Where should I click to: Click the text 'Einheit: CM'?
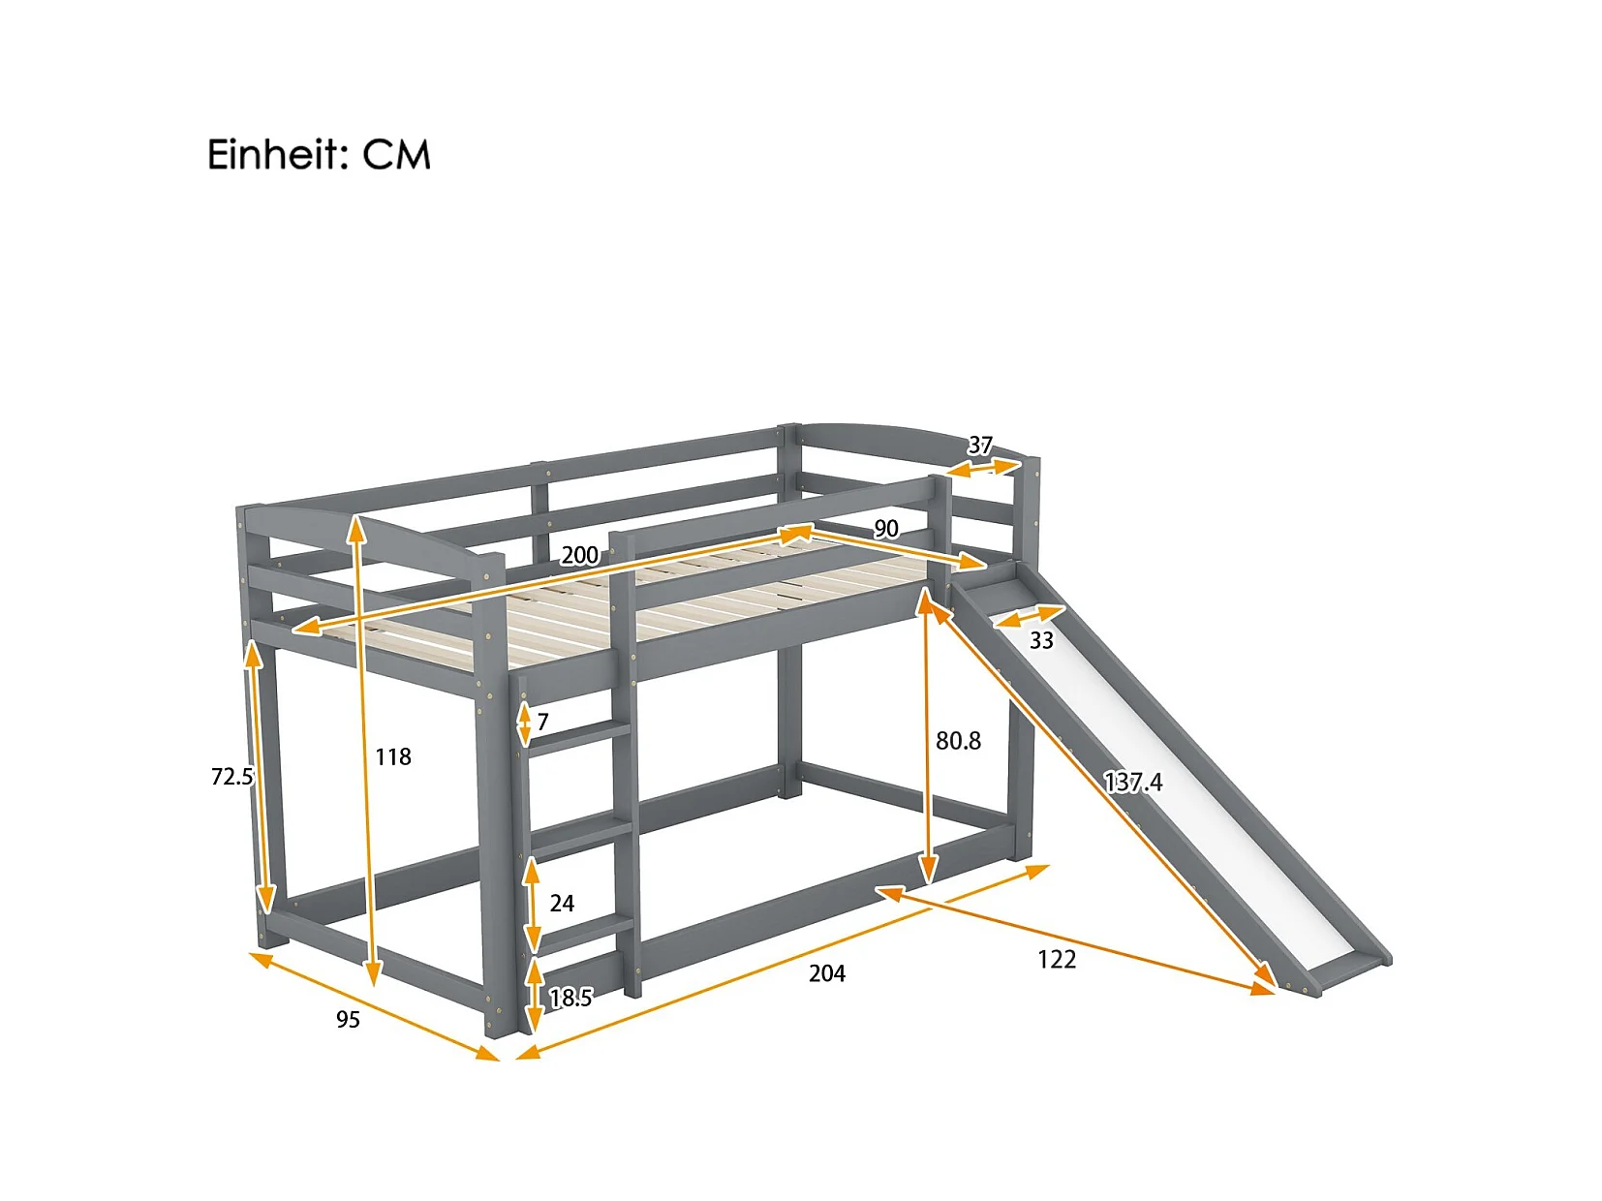(319, 155)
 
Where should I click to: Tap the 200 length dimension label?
(579, 555)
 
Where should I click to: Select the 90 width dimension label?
(885, 529)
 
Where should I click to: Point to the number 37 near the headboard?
(980, 446)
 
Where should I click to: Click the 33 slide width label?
(1041, 640)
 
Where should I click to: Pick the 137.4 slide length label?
(1133, 782)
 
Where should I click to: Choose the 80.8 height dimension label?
(958, 741)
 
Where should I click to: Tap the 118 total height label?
(393, 756)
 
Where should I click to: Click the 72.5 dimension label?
(231, 776)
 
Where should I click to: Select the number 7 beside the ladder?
(543, 722)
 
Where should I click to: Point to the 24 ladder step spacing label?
(562, 903)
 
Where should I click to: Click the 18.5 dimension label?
(570, 998)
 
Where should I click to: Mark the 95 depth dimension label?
(348, 1019)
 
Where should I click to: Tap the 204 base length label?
(827, 973)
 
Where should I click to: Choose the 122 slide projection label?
(1057, 959)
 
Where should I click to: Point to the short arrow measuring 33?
(1029, 617)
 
